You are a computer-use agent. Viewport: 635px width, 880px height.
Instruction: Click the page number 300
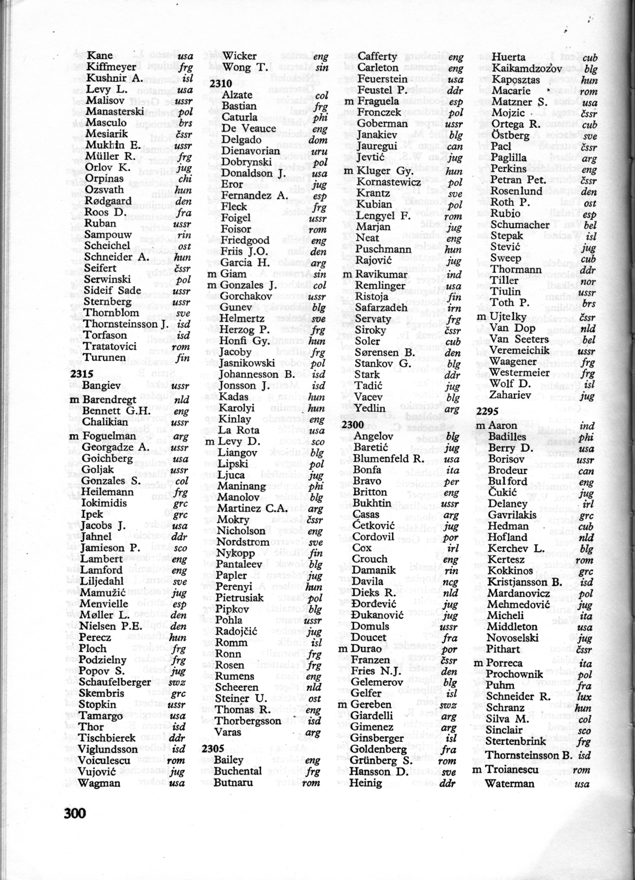pos(75,812)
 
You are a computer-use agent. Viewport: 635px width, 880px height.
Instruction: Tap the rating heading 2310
pos(221,84)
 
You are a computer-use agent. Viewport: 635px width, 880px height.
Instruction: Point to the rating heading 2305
pos(213,749)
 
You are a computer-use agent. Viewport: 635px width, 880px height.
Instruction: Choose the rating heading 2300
pos(352,425)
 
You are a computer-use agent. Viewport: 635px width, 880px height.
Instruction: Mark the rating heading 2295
pos(488,412)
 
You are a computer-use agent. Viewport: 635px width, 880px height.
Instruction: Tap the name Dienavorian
pos(250,151)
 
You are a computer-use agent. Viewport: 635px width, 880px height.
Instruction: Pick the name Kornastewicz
pos(389,182)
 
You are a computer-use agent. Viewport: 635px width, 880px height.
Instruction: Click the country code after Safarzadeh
pos(454,308)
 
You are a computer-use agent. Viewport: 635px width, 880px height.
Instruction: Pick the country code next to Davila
pos(451,582)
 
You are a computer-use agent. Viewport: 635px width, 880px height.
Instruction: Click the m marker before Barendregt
pos(73,400)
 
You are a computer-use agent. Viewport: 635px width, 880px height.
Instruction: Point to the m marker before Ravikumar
pos(347,274)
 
